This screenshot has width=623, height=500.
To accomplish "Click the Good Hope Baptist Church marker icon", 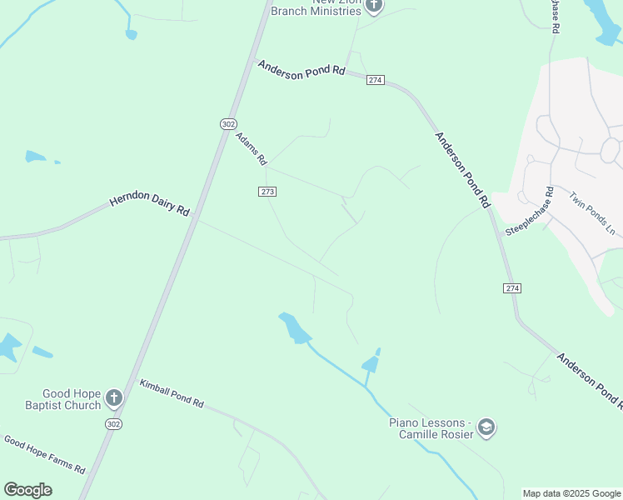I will point(114,399).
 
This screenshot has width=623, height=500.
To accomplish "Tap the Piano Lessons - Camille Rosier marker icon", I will point(486,428).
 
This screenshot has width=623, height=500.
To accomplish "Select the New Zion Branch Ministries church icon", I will point(373,5).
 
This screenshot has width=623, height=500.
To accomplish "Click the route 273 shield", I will point(267,192).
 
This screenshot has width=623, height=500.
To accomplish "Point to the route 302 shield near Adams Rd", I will point(228,123).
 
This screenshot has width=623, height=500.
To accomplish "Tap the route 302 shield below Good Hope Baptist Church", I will point(112,423).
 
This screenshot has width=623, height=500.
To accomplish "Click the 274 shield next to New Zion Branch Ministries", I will point(375,80).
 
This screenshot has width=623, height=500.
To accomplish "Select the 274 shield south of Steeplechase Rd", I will point(511,288).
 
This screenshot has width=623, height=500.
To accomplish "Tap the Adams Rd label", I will point(251,148).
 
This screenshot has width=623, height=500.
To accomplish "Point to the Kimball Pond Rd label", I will point(172,393).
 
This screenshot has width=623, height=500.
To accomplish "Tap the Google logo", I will point(27,490).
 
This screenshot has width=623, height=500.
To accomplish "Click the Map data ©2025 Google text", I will point(571,493).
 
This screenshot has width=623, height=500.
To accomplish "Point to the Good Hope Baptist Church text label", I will point(72,399).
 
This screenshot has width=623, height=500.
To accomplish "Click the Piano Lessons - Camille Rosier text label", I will point(431,428).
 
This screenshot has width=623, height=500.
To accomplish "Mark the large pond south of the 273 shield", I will point(294,327).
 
